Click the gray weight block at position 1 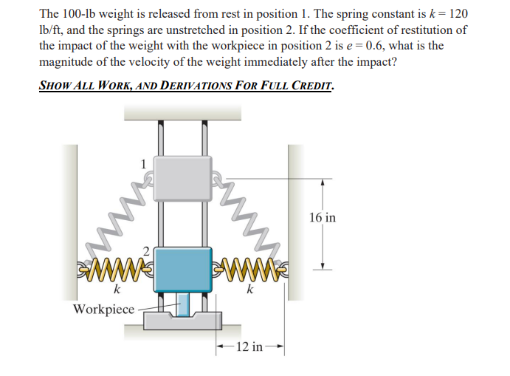tap(182, 178)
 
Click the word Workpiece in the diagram tap(103, 308)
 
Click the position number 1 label tap(143, 163)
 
